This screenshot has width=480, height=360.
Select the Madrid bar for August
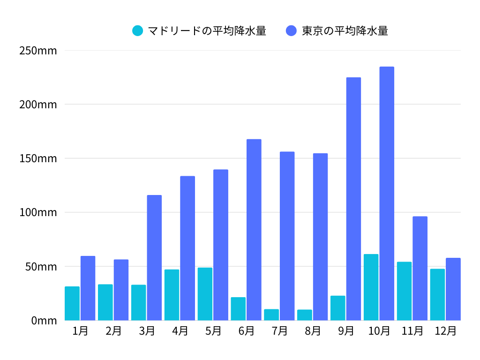coord(305,315)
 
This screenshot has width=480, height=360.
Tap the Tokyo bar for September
coord(353,199)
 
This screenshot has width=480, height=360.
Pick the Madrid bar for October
coord(371,287)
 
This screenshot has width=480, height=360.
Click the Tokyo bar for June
coord(254,230)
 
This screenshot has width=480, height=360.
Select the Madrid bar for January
coord(72,303)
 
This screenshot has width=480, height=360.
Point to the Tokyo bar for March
coord(154,258)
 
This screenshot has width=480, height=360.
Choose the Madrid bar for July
coord(271,315)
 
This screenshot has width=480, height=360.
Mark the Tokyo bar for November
coord(420,268)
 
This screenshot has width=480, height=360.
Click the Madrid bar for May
coord(205,294)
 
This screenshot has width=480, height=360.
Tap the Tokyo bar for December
coord(453,289)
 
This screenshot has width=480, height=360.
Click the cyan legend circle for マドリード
coord(138,31)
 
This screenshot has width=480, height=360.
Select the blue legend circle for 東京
coord(291,31)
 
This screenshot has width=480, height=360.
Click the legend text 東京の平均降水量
coord(345,31)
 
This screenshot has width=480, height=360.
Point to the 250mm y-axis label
coord(38,50)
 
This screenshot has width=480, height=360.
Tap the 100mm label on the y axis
coord(38,212)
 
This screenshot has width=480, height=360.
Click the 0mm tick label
coord(44,321)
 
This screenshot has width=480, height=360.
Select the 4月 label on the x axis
coord(180,331)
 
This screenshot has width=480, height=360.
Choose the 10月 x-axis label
coord(379,331)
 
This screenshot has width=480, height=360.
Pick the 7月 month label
coord(279,331)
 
